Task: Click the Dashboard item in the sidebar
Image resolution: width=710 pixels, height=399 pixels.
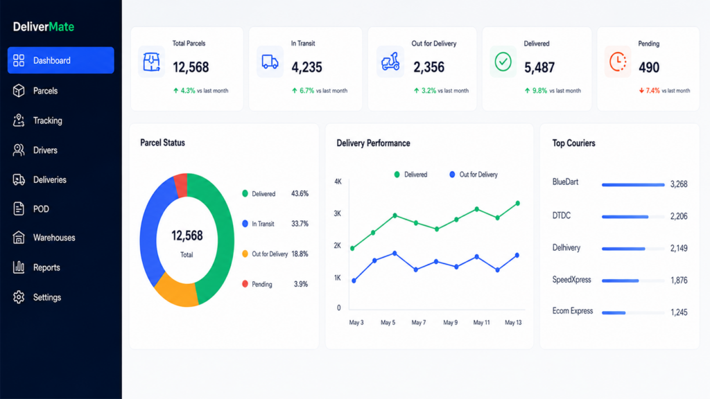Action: pos(61,60)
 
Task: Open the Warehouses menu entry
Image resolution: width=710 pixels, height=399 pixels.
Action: pos(54,238)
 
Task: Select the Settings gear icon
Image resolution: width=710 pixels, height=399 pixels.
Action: pos(19,297)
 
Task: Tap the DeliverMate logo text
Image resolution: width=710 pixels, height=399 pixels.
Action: pos(44,27)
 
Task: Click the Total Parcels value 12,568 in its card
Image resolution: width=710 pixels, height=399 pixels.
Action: pos(191,67)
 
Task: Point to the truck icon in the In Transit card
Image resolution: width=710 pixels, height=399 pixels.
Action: pos(270,62)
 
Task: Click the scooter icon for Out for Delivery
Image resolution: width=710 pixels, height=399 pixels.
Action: pos(390,62)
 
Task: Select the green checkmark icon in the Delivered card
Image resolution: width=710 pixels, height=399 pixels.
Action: pos(503,62)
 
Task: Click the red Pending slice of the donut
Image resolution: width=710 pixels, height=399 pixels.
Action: pos(181,185)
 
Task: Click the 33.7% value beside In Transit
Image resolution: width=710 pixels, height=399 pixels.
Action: pos(300,224)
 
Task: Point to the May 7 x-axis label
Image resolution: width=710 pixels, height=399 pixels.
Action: pos(418,323)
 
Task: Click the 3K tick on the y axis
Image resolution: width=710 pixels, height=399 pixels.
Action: pos(338,213)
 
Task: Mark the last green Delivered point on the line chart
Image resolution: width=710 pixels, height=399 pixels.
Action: pos(517,203)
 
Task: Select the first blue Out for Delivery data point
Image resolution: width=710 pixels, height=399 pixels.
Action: pos(354,281)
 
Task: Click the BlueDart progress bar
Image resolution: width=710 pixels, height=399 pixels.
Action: pos(633,184)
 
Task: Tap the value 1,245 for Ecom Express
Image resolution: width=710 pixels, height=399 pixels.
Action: pos(679,312)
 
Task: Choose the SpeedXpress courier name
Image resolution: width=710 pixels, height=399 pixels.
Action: pos(571,280)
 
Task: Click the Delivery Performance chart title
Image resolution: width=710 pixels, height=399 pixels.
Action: pos(373,143)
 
